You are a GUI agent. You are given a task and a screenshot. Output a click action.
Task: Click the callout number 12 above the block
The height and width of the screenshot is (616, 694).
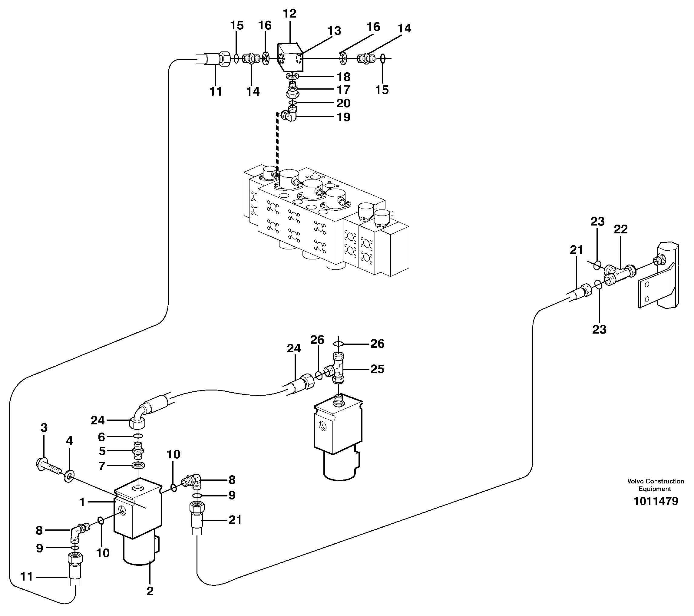point(289,14)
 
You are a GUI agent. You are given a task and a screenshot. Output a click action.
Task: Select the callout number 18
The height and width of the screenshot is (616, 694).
point(343,77)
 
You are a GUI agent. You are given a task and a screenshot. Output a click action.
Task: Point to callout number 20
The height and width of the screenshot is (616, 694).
point(343,103)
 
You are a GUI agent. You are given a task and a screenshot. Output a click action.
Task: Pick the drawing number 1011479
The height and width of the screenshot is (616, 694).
point(656,501)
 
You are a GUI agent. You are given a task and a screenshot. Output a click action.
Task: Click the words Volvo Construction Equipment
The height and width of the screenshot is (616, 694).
point(655,485)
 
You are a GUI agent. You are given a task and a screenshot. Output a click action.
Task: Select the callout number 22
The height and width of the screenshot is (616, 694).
point(621,229)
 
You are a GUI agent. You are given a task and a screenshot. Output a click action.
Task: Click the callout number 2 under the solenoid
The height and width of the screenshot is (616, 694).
point(150,591)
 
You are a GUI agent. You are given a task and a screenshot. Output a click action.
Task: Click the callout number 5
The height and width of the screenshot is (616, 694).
point(102,451)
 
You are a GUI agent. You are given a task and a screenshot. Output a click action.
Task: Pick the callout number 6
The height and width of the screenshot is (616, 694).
point(101,437)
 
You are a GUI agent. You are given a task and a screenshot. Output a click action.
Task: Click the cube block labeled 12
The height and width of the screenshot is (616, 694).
point(289,58)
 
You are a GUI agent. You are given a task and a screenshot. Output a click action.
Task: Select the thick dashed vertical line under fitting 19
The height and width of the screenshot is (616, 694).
point(277,143)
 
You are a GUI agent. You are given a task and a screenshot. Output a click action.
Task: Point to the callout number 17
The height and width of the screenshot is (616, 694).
point(343,90)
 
